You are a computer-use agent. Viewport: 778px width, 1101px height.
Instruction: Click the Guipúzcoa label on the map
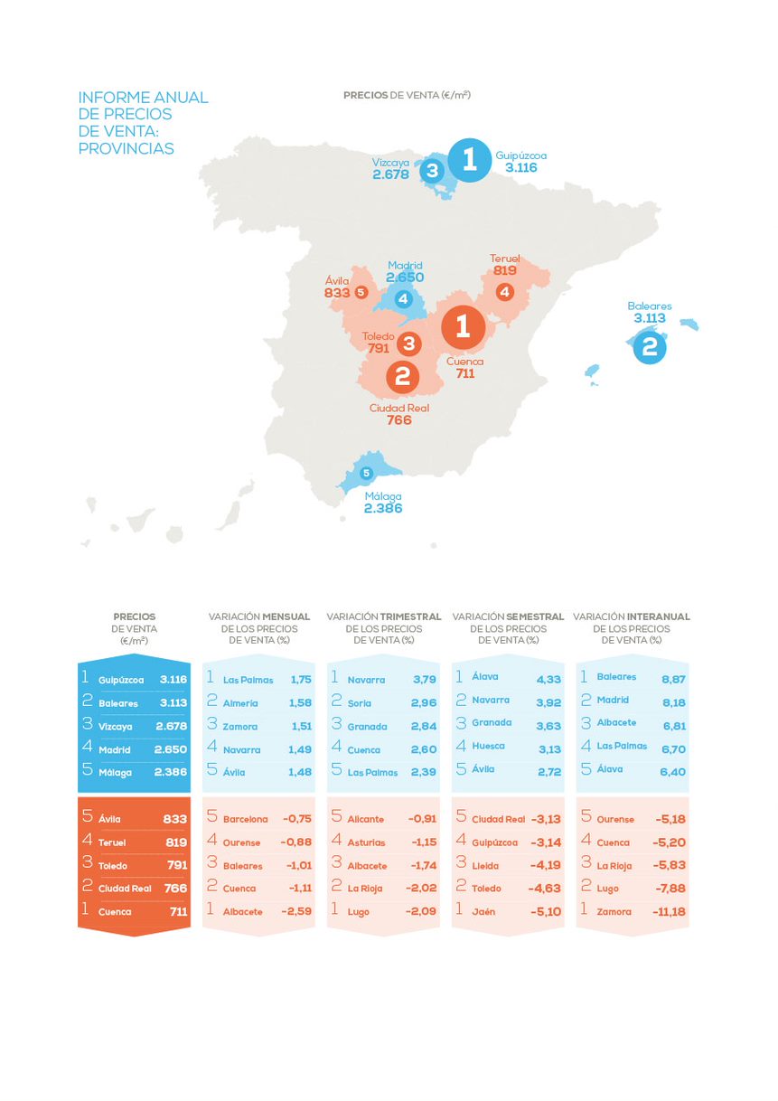click(x=520, y=155)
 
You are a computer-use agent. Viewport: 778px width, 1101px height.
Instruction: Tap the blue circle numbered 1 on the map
click(x=468, y=160)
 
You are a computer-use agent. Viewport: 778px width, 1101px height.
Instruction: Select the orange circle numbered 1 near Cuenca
click(x=464, y=325)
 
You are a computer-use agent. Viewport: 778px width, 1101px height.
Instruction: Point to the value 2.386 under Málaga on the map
click(x=383, y=509)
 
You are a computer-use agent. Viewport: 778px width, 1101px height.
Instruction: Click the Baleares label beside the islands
click(x=650, y=306)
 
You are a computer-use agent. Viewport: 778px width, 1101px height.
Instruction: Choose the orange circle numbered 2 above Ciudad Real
click(x=403, y=376)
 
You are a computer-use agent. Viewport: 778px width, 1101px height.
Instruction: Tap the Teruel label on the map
click(x=504, y=259)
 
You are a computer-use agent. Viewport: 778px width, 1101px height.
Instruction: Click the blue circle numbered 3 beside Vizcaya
click(x=432, y=170)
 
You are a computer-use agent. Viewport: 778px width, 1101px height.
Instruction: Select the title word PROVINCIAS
click(x=126, y=148)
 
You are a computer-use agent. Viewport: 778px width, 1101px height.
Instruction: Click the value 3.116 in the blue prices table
click(x=171, y=680)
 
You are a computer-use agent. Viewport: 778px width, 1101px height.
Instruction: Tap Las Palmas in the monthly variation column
click(x=248, y=680)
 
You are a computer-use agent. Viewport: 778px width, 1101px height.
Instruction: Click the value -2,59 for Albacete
click(x=297, y=912)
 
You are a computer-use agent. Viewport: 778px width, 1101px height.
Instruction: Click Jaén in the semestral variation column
click(x=483, y=912)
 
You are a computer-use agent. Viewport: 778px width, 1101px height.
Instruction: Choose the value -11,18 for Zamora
click(x=669, y=912)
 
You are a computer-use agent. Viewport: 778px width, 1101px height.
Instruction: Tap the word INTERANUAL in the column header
click(x=658, y=616)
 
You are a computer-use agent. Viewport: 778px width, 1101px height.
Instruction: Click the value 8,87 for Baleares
click(x=671, y=677)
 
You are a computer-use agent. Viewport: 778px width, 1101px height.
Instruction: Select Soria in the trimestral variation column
click(x=360, y=703)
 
